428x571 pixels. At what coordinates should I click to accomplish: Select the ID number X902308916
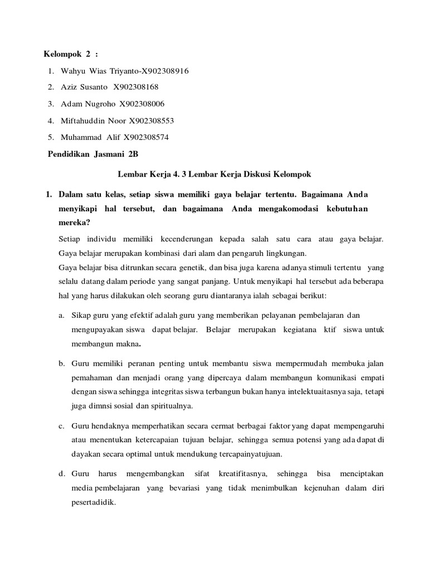point(166,71)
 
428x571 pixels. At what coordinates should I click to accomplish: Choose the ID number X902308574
point(146,137)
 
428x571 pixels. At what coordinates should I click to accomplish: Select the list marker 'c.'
point(61,425)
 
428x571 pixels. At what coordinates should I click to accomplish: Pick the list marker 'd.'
point(61,473)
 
